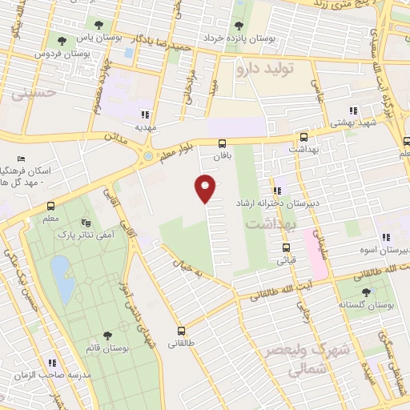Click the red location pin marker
pyautogui.click(x=206, y=187)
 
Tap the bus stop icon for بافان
pyautogui.click(x=222, y=143)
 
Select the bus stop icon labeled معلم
pyautogui.click(x=51, y=206)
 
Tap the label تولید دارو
pyautogui.click(x=265, y=69)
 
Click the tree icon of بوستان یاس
pyautogui.click(x=98, y=25)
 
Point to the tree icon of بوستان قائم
pyautogui.click(x=107, y=336)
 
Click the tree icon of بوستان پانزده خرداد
pyautogui.click(x=239, y=25)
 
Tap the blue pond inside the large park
pyautogui.click(x=61, y=270)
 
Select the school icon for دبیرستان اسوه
pyautogui.click(x=385, y=237)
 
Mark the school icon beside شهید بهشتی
pyautogui.click(x=352, y=111)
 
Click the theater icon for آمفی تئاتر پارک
pyautogui.click(x=87, y=222)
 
